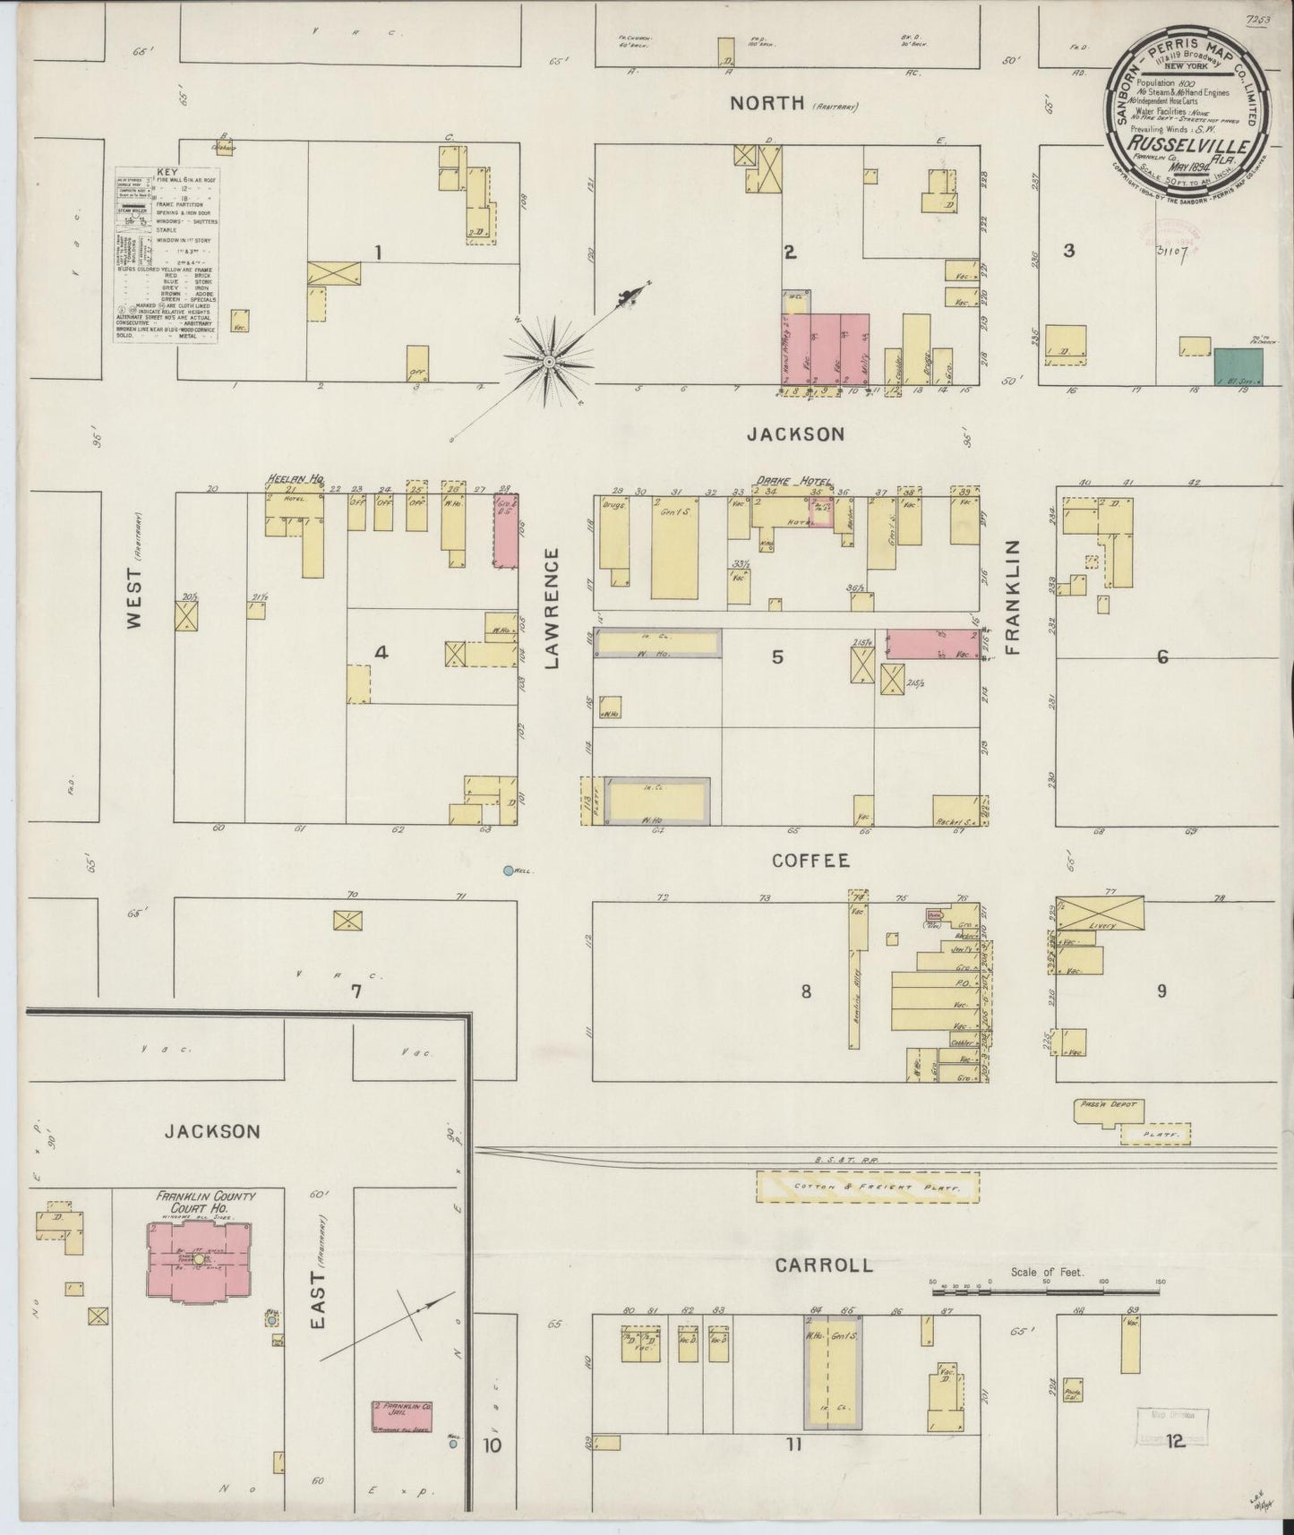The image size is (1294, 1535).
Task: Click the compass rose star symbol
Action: pos(548,360)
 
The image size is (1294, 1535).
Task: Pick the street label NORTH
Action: pos(767,103)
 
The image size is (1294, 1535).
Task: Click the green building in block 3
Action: pos(1238,367)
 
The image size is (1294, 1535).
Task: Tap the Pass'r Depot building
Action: pos(1110,1111)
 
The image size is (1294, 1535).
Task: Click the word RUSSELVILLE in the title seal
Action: pos(1170,141)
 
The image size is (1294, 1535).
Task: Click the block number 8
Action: pos(806,991)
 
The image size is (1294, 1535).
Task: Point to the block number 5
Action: pos(777,657)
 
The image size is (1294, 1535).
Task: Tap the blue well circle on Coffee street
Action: pos(509,870)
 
